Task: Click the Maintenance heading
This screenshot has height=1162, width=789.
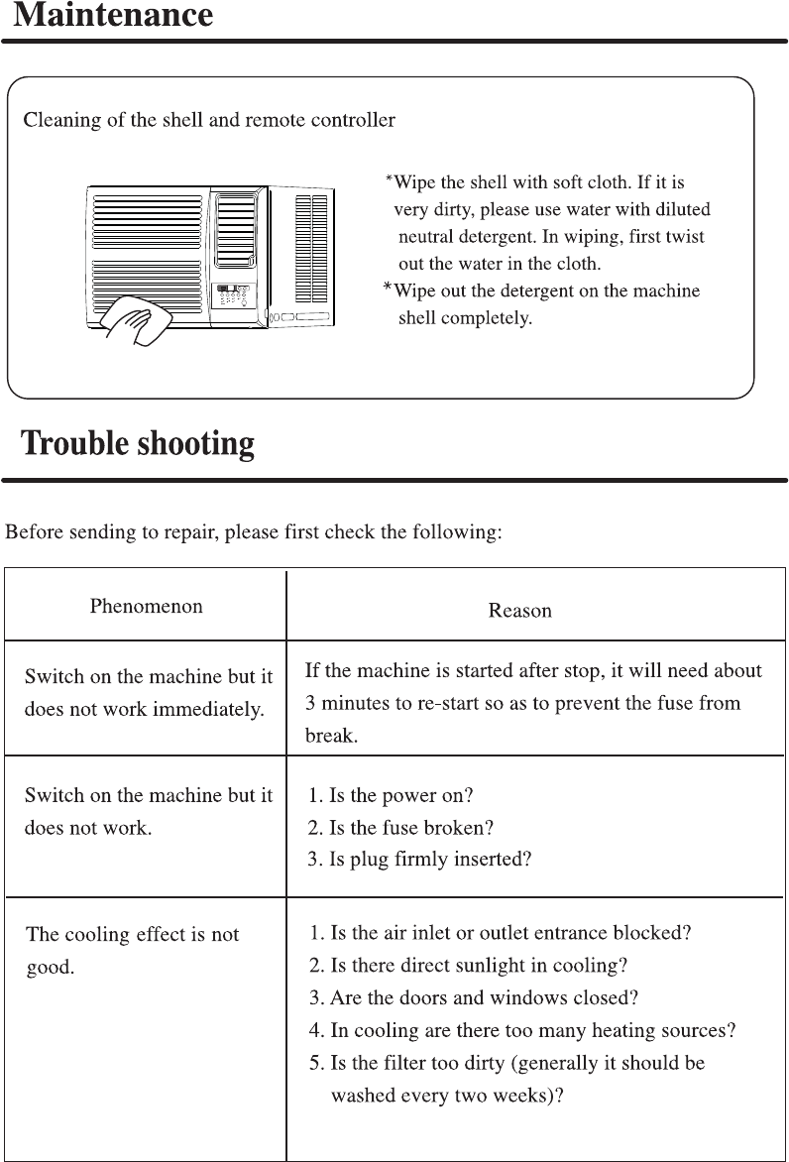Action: [114, 16]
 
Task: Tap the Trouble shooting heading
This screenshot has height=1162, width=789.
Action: [139, 443]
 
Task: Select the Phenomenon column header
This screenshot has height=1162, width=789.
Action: [146, 606]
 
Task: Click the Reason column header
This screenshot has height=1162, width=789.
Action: [519, 611]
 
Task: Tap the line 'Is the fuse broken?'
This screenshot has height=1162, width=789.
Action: [400, 827]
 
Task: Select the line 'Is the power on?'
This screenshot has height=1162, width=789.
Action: [391, 795]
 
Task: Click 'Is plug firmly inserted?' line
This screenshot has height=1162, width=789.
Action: [419, 860]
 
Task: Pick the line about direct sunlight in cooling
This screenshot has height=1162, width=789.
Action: [468, 965]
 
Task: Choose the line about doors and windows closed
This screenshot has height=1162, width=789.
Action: [474, 997]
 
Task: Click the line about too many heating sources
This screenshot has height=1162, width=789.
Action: [522, 1030]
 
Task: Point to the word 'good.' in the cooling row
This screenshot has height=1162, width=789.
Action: [51, 967]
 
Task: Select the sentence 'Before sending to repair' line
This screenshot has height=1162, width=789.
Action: [254, 532]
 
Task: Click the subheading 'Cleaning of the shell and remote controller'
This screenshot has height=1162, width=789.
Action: [209, 121]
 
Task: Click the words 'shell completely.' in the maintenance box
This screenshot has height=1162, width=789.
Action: [465, 318]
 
